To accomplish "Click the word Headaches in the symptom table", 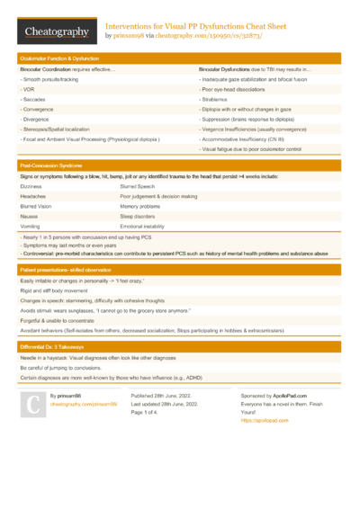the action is (x=33, y=195).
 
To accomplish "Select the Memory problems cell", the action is (x=143, y=206).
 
